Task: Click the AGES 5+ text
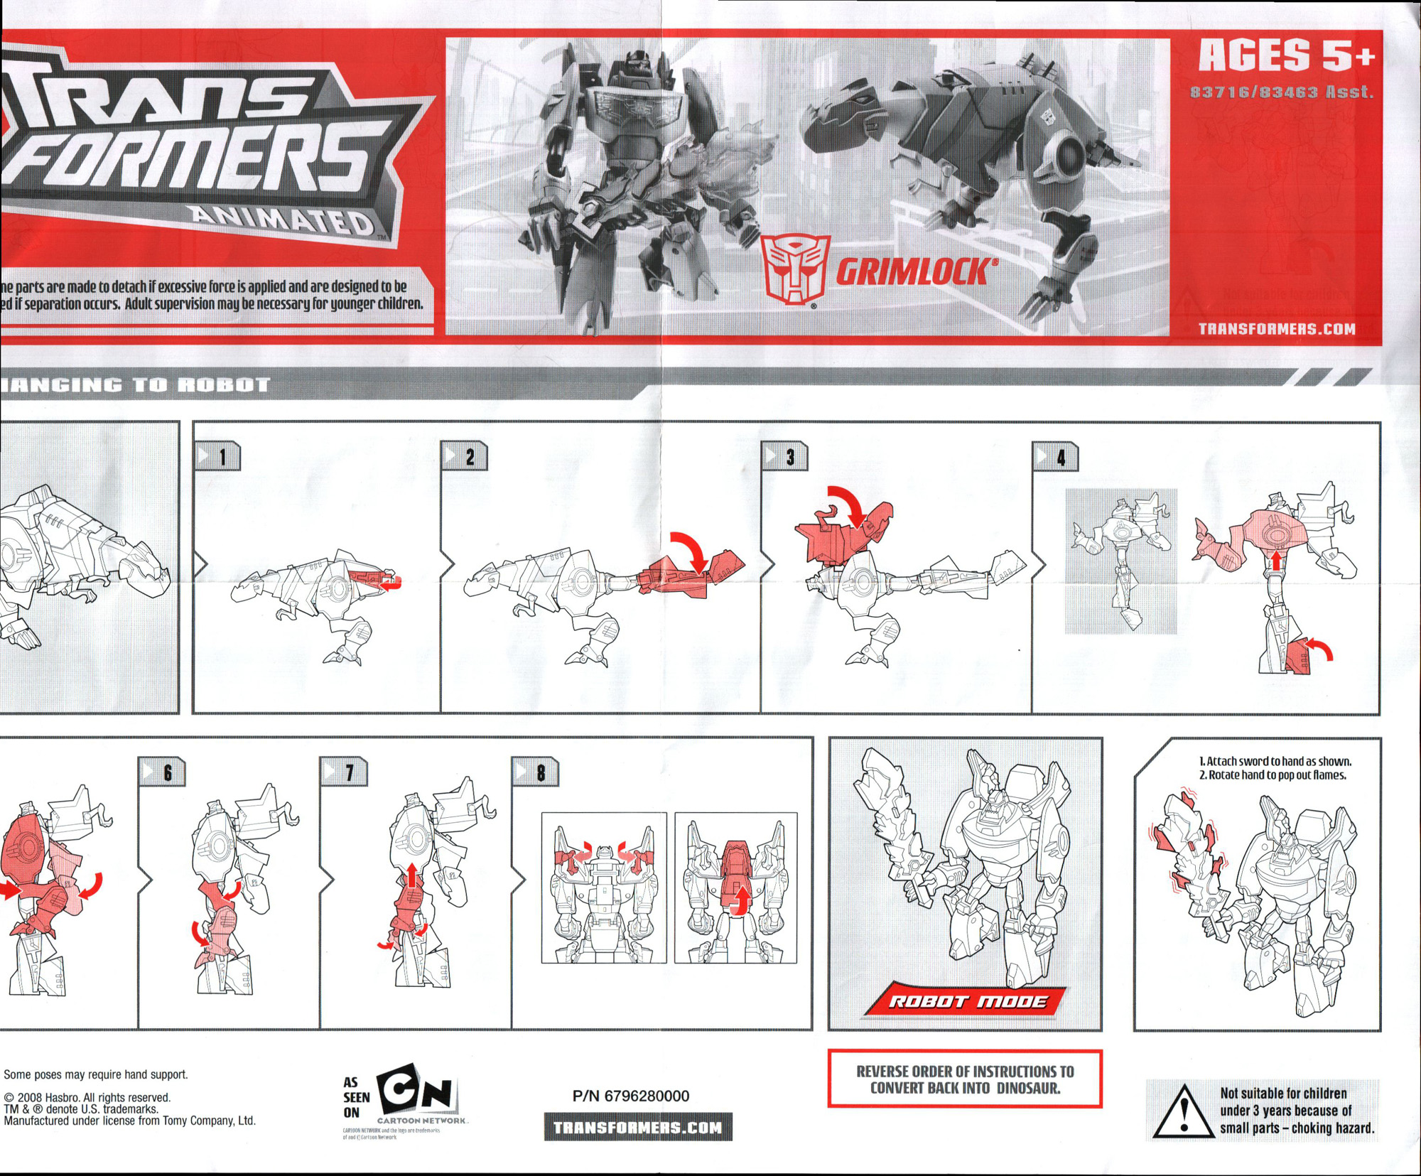point(1287,55)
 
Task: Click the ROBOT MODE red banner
point(968,1001)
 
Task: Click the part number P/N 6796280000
point(631,1096)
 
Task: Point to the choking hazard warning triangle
point(1182,1112)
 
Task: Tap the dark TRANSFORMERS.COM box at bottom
point(638,1128)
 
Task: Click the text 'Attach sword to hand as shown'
point(1275,761)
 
